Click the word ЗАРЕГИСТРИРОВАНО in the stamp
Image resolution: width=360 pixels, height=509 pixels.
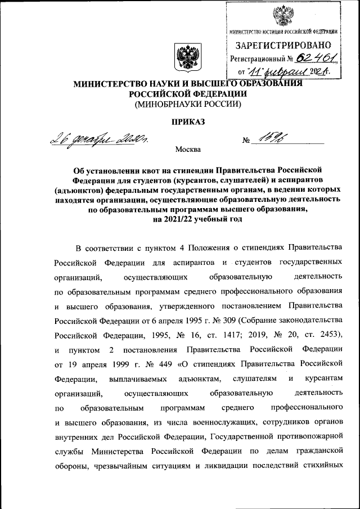283,44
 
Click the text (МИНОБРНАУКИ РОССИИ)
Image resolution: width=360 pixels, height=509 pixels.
186,104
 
